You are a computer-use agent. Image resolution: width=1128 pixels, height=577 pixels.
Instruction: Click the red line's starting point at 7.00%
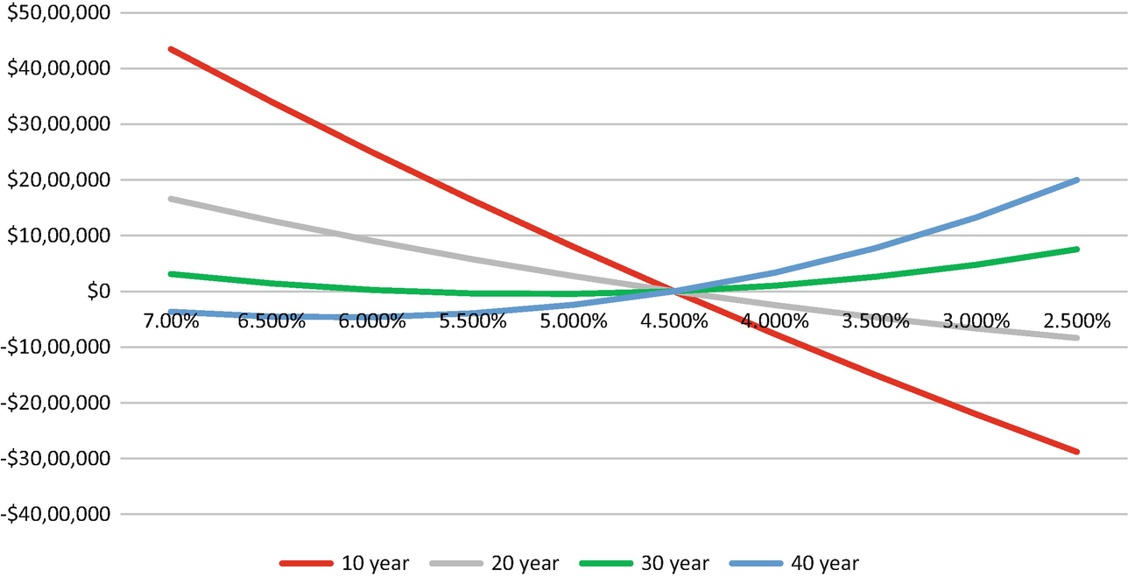tap(171, 49)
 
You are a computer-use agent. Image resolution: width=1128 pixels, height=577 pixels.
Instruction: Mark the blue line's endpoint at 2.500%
tap(1076, 179)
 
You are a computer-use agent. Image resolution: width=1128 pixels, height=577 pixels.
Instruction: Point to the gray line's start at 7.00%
tap(171, 199)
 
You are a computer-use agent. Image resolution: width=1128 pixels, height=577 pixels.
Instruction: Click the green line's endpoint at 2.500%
tap(1076, 250)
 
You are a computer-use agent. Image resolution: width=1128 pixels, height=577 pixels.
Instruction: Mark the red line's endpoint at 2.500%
tap(1076, 452)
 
